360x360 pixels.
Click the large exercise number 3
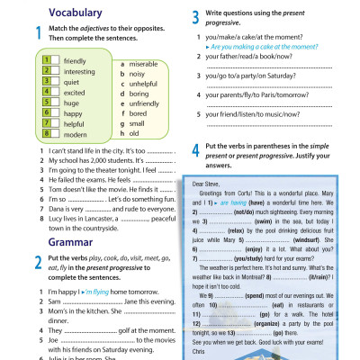pyautogui.click(x=196, y=16)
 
